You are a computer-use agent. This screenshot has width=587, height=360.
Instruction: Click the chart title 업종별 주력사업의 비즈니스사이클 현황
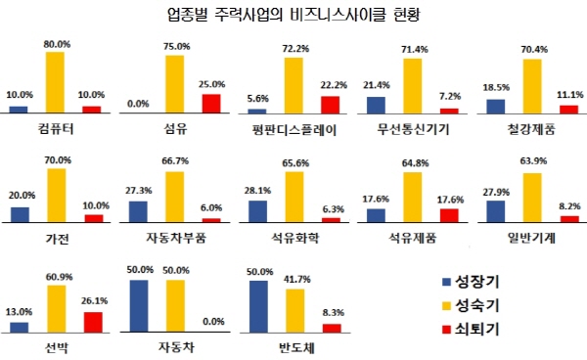tap(293, 16)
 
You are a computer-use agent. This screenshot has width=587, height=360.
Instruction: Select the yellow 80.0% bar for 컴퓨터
tap(55, 82)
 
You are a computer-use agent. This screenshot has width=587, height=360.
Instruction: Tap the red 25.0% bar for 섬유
tap(210, 104)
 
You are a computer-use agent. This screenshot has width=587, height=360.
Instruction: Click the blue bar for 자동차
tap(139, 306)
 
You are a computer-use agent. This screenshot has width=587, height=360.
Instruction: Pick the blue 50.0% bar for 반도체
tap(258, 306)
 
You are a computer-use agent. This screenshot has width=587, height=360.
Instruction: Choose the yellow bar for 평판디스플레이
tap(293, 85)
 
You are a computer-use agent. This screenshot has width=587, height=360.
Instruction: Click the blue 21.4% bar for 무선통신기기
tap(376, 104)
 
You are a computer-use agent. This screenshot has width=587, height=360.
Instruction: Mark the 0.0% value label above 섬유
tap(138, 103)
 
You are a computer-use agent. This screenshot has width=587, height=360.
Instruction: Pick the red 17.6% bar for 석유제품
tap(449, 214)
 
